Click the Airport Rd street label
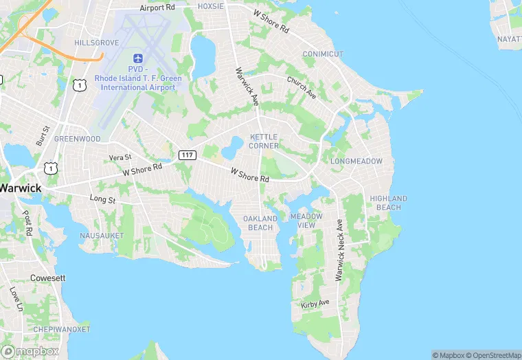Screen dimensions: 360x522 coord(157,8)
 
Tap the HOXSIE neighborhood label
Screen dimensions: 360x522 coord(211,6)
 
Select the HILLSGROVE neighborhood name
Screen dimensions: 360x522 coord(97,43)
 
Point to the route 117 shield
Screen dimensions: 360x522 coord(187,155)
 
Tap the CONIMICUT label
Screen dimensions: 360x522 coord(323,54)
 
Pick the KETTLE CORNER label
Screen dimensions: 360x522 coord(264,142)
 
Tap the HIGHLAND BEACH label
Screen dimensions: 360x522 coord(389,203)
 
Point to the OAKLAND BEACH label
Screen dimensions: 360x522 coord(260,223)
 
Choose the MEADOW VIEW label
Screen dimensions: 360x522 coord(306,221)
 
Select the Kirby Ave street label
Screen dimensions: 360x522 coord(315,303)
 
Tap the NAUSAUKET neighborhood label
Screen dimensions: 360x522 coord(101,236)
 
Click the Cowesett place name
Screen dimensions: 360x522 coord(47,278)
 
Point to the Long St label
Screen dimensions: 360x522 coord(102,199)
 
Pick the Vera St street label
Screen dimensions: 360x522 coord(120,158)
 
